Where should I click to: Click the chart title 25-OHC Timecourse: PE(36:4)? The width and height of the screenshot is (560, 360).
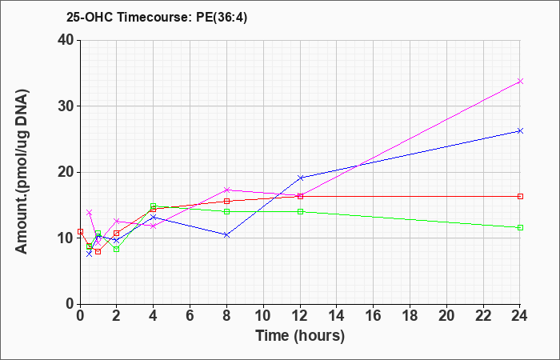157,18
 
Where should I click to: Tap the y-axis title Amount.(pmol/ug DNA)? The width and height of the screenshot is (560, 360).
22,172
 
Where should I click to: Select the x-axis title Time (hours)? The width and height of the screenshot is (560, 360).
300,336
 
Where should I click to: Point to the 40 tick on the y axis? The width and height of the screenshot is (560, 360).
68,40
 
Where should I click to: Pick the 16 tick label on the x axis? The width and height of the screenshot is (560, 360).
374,316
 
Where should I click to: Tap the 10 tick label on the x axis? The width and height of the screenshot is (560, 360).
263,316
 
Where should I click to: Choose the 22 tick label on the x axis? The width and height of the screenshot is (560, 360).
483,316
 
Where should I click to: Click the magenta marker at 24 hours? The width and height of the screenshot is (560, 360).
520,82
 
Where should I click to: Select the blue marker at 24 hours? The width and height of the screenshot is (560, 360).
520,131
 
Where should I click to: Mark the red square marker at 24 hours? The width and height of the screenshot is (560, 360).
520,197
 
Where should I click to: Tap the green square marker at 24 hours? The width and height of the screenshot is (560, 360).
520,227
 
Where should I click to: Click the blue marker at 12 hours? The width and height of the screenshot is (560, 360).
300,178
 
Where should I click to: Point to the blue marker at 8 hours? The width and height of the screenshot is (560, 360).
226,235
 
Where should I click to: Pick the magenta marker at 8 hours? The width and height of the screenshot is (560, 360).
226,190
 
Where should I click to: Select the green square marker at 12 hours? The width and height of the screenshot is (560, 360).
300,211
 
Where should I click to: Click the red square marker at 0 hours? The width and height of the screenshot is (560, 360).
80,231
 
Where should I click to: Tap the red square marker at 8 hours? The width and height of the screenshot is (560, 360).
226,201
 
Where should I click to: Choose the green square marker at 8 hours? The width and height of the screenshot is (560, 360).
226,211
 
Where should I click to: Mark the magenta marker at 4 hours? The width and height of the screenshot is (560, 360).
154,226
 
